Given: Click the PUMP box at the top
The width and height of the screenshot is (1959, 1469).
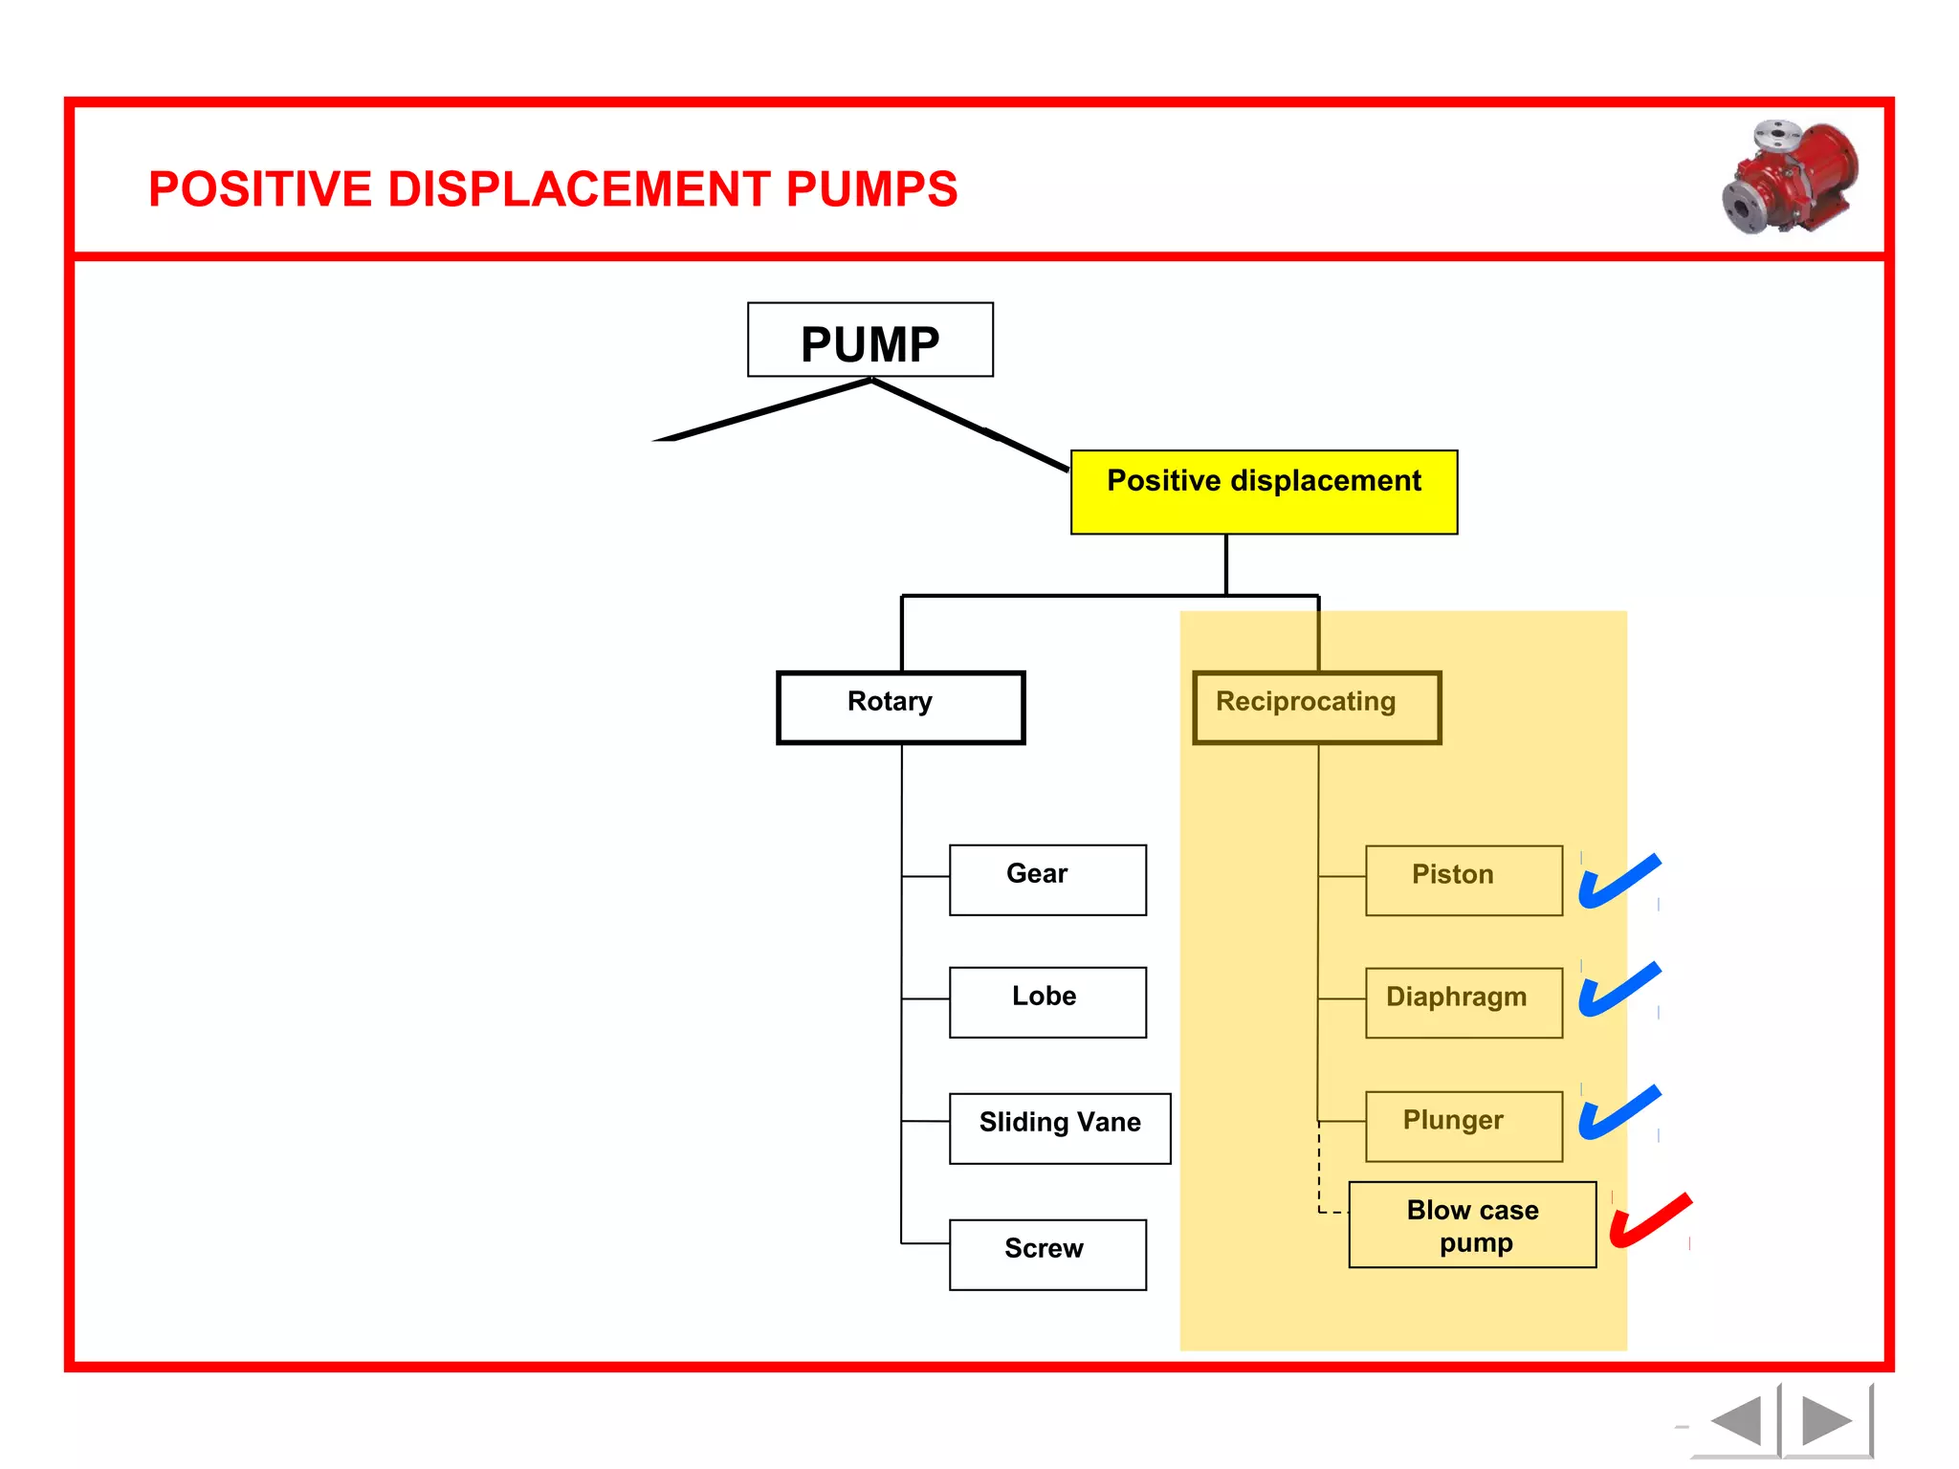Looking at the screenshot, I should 869,340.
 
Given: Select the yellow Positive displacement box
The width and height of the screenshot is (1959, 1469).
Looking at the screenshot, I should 1263,492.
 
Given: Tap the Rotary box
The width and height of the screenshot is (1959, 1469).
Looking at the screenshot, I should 900,707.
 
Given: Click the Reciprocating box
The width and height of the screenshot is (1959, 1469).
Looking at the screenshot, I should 1316,707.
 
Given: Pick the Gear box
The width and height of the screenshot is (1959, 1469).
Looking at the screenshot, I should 1047,880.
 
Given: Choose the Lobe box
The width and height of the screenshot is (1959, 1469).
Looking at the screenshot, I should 1047,1002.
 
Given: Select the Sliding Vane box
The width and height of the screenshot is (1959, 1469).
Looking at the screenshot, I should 1059,1129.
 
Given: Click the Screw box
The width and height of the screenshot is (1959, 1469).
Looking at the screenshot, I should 1047,1254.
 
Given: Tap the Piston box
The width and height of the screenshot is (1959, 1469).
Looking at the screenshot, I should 1464,880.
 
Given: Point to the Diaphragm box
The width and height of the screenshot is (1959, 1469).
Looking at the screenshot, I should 1464,1002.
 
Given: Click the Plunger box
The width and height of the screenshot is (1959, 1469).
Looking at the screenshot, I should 1464,1126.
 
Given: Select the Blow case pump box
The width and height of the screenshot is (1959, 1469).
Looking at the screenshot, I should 1471,1225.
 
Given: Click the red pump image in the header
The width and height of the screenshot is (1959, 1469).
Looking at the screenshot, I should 1790,178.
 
